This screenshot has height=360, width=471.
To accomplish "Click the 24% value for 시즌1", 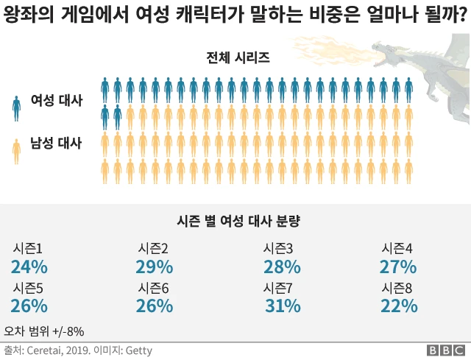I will coord(29,267).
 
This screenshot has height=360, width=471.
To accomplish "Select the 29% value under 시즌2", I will coord(155,267).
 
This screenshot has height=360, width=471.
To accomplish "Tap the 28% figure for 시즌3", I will coord(282,267).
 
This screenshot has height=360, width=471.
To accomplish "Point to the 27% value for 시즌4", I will coord(400,267).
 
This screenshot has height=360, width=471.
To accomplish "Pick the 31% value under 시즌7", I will coord(283,306).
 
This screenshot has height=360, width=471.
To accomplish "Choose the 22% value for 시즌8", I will coord(400,306).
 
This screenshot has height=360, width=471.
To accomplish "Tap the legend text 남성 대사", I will coord(56,143).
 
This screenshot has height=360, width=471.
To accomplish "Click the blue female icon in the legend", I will coord(16,107).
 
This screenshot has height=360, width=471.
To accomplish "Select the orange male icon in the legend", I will coord(16,150).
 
